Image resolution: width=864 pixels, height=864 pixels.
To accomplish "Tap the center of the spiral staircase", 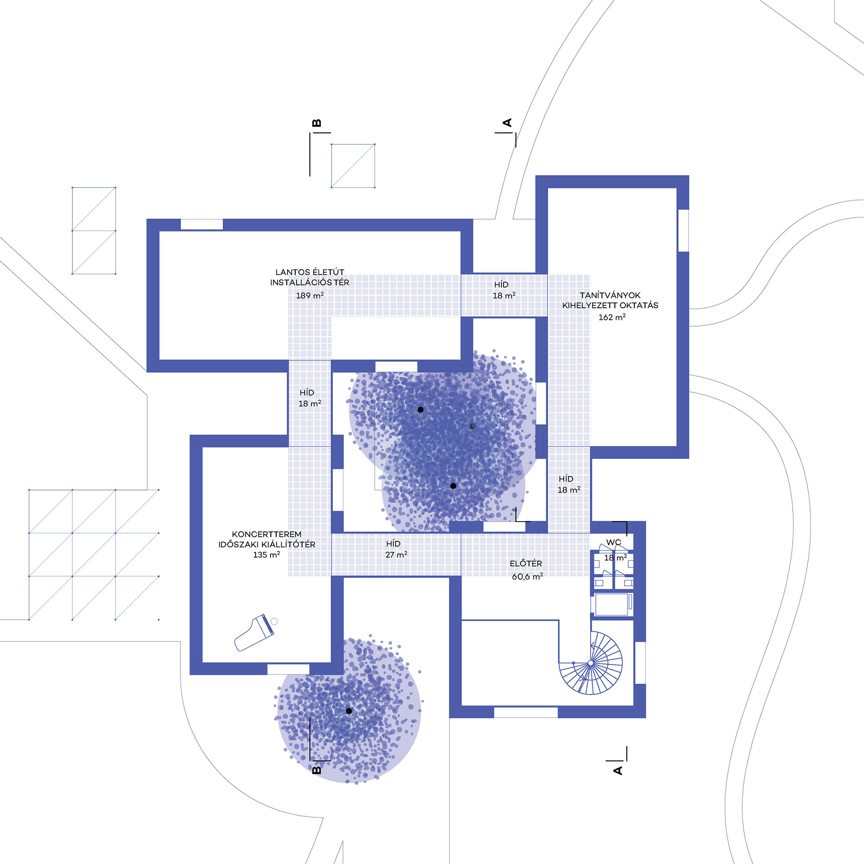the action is click(x=590, y=663).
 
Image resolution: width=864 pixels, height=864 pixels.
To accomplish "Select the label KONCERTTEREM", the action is click(x=266, y=534).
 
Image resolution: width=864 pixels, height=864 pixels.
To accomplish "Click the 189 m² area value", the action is click(x=310, y=296).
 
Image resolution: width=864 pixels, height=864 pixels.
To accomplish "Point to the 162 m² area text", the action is click(x=612, y=317).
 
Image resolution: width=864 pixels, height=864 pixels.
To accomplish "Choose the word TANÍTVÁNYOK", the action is click(x=610, y=295).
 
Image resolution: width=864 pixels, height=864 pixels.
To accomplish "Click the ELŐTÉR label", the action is click(x=526, y=563).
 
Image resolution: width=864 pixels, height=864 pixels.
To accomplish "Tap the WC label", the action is click(x=613, y=543).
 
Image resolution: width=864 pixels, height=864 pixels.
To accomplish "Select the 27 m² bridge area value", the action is click(x=396, y=555).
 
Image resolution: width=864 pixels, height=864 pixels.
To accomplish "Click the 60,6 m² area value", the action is click(x=527, y=576).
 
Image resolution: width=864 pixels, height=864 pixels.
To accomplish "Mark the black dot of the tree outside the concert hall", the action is click(x=349, y=711).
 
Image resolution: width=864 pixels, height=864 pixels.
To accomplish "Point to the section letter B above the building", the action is click(x=317, y=123).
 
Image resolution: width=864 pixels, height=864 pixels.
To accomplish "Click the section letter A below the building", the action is click(x=618, y=770).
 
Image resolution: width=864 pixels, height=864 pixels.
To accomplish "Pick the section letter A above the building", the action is click(x=507, y=122).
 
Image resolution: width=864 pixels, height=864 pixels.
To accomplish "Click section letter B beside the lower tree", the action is click(x=317, y=769).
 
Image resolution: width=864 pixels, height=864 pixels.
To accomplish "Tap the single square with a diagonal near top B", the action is click(x=353, y=166).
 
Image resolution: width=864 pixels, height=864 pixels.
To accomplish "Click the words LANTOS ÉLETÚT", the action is click(x=310, y=272).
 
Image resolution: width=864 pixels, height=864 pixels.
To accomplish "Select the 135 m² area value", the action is click(x=266, y=555).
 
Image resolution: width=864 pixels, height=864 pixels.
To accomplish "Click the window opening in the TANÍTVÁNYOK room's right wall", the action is click(x=683, y=230).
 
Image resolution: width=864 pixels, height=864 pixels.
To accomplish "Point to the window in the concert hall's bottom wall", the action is click(x=288, y=669).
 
